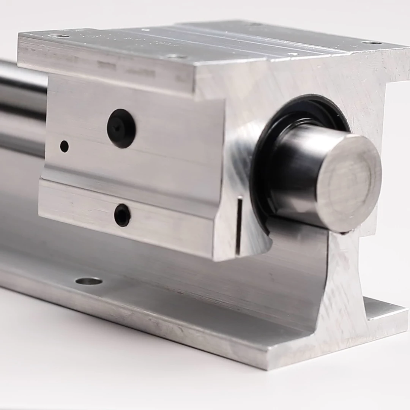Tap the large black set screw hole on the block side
pyautogui.click(x=121, y=128)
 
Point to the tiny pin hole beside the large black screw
pyautogui.click(x=65, y=146)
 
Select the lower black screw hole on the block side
pyautogui.click(x=122, y=215)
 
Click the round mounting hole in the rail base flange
pyautogui.click(x=89, y=281)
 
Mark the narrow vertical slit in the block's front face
pyautogui.click(x=239, y=225)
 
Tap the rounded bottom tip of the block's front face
pyautogui.click(x=224, y=258)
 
